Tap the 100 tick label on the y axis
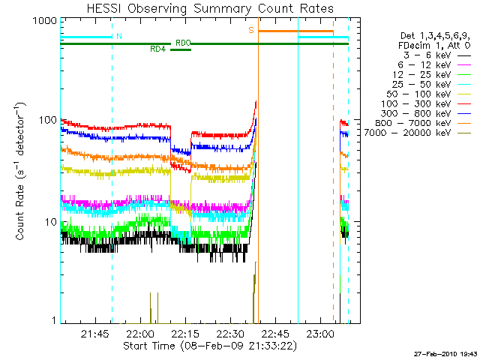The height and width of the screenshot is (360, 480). coord(46,120)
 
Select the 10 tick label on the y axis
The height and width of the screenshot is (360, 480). coord(49,222)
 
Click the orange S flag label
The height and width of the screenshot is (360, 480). coord(251,31)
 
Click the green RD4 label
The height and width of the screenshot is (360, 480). coord(158,49)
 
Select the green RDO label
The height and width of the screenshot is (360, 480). coord(182,43)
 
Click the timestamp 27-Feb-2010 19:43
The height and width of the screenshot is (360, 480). coord(444,352)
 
